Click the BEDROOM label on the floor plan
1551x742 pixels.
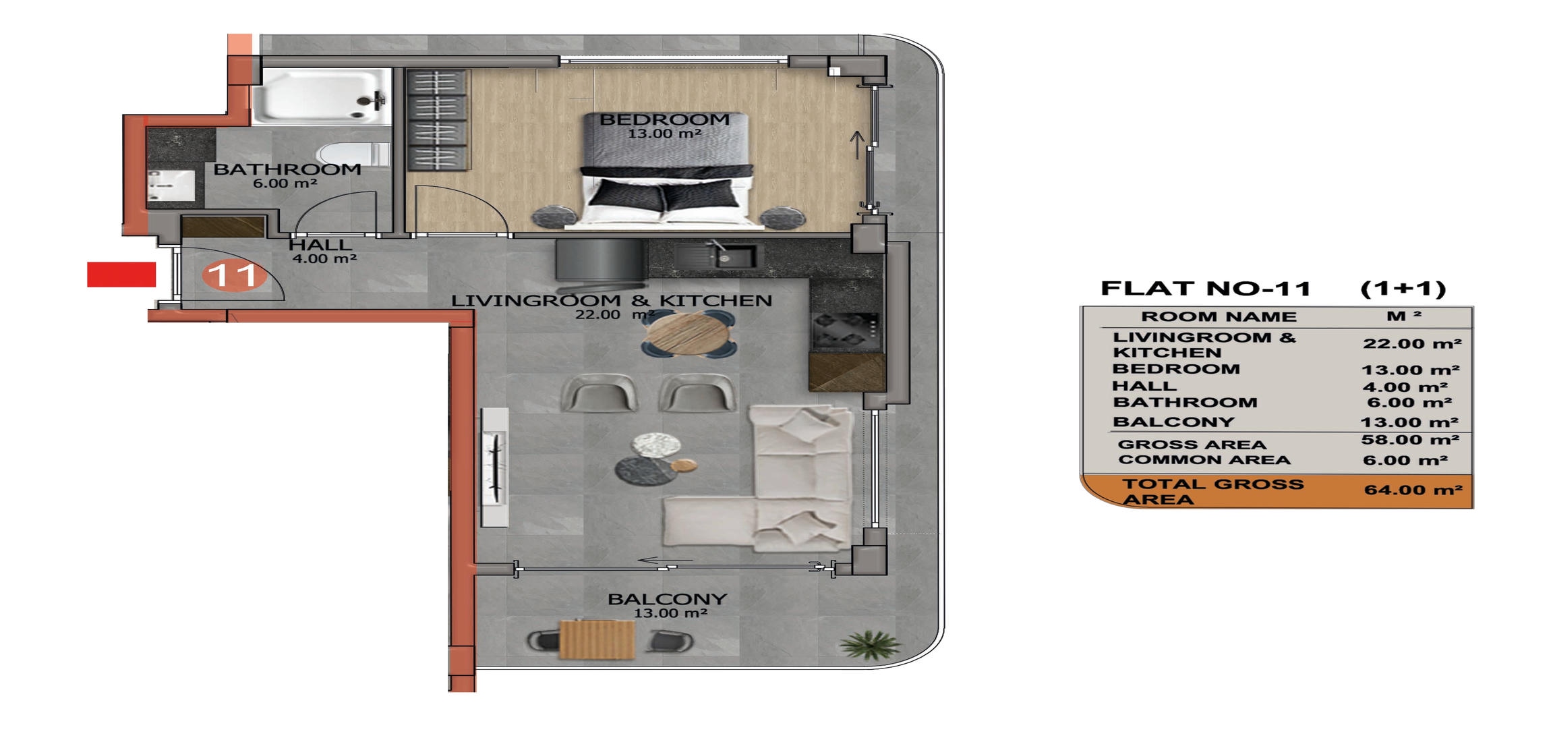(x=664, y=119)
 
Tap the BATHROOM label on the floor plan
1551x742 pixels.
(x=287, y=169)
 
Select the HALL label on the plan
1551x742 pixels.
(x=320, y=245)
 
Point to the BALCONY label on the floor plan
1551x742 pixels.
(x=667, y=599)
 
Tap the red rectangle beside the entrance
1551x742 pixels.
(x=121, y=275)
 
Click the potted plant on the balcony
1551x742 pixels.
(x=870, y=644)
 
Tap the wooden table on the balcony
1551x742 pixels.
(x=597, y=639)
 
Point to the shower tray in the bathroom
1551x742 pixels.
(x=322, y=96)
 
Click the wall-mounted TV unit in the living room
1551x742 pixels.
(x=494, y=467)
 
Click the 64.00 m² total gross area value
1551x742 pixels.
(x=1413, y=490)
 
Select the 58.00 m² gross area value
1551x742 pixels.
(x=1410, y=440)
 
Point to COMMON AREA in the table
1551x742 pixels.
(x=1204, y=460)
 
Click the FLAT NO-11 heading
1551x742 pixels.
(x=1206, y=289)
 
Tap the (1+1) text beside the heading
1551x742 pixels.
(x=1403, y=289)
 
